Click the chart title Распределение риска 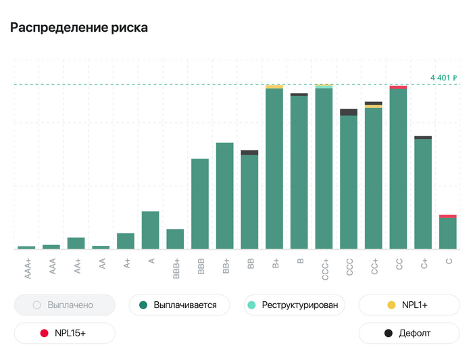78,28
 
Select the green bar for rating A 150,230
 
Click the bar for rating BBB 200,203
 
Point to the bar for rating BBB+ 175,239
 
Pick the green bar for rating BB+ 224,196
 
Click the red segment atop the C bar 447,216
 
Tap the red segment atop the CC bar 398,87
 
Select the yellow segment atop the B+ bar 274,86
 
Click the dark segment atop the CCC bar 349,112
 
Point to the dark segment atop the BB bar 249,153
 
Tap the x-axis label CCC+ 325,268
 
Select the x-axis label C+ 424,263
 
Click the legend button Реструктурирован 294,305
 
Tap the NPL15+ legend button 64,333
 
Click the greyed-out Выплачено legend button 64,305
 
